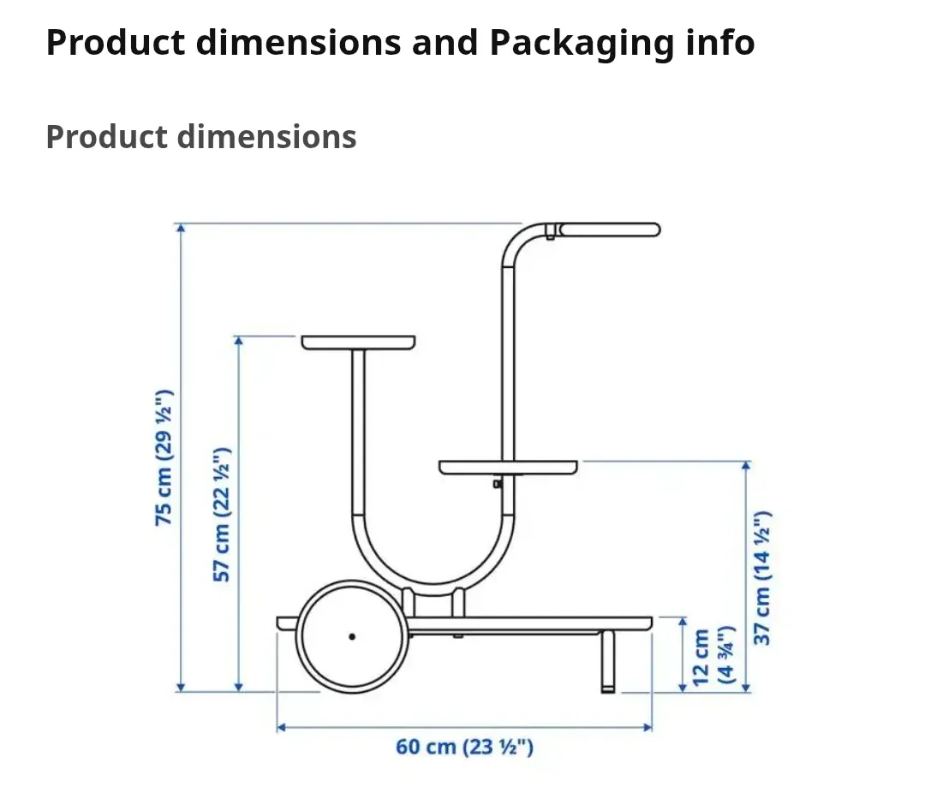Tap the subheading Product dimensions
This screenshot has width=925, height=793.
[201, 137]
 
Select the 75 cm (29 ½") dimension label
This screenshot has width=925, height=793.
[164, 457]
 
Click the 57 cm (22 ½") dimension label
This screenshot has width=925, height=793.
[222, 514]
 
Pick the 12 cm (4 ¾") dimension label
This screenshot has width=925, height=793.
[713, 655]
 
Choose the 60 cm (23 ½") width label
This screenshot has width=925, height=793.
[464, 747]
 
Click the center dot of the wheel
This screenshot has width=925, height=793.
[352, 636]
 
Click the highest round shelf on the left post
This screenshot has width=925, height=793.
[358, 342]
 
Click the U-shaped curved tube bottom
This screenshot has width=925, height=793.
[433, 574]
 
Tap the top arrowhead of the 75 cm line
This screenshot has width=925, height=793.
[180, 228]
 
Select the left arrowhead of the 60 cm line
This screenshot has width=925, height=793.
[281, 728]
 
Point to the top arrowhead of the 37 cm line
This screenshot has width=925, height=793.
[747, 466]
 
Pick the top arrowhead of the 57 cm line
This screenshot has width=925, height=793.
[239, 340]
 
